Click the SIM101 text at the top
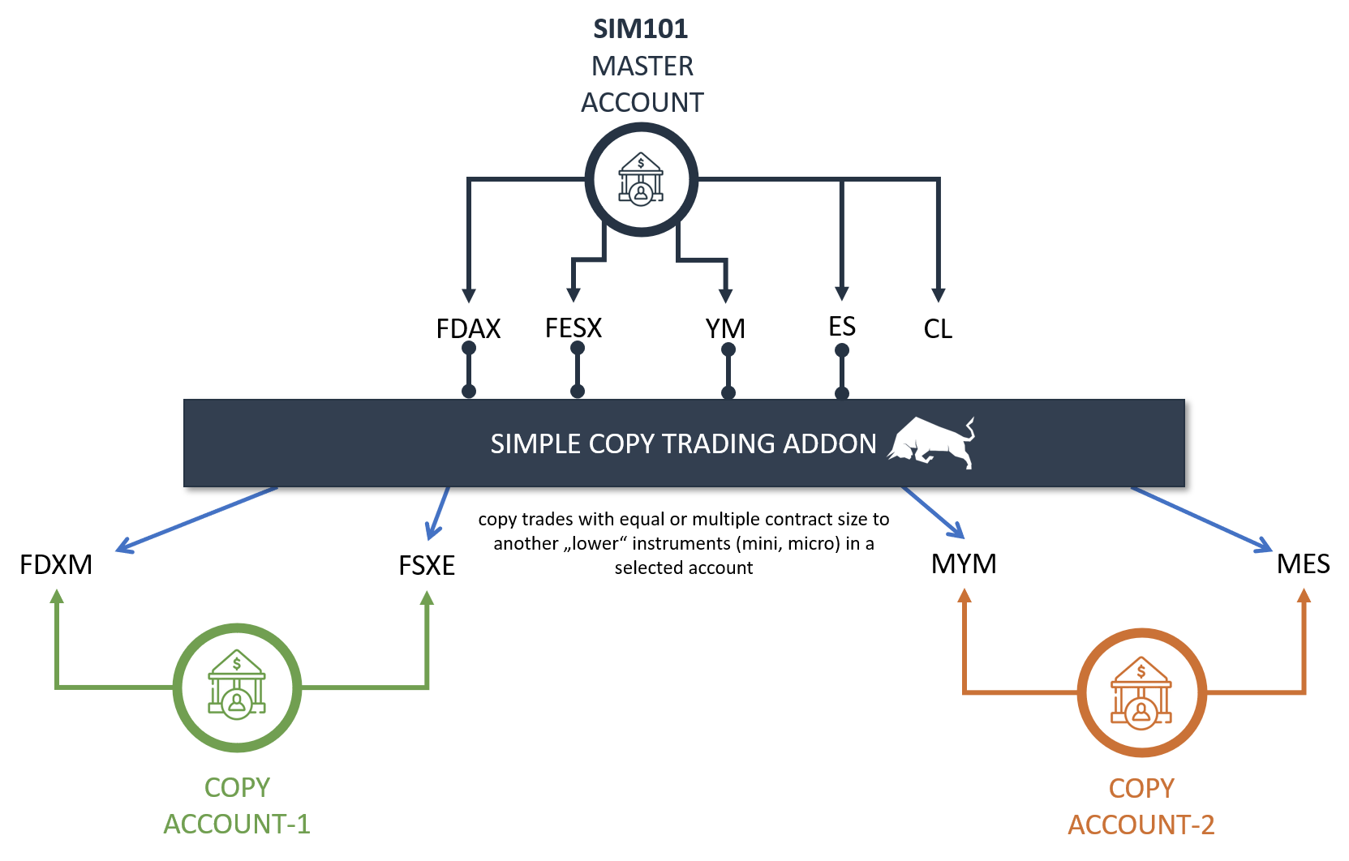click(640, 29)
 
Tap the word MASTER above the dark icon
click(642, 66)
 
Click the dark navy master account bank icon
click(641, 180)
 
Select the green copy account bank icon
click(237, 688)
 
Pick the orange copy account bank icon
click(1141, 692)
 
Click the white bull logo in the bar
click(932, 443)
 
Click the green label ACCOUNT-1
click(237, 824)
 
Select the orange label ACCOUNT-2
click(1141, 825)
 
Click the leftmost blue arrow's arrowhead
click(122, 548)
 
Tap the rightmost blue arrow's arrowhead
click(1265, 548)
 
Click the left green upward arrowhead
click(57, 597)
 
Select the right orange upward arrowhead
click(1304, 596)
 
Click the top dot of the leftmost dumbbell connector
click(469, 348)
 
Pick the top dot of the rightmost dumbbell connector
click(842, 350)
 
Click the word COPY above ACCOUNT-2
click(1141, 788)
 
